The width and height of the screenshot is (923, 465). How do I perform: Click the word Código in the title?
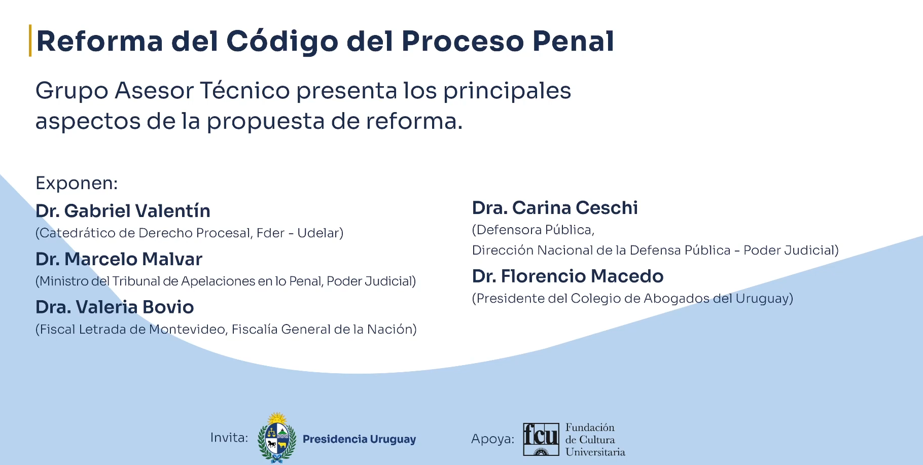[282, 42]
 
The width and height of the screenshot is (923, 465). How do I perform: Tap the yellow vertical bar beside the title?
[30, 41]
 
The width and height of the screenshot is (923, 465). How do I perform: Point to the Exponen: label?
[77, 183]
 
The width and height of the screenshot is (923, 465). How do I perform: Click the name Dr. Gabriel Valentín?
[123, 211]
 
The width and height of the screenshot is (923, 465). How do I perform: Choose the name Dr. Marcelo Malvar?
[119, 259]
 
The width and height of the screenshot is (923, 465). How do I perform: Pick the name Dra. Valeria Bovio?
[115, 307]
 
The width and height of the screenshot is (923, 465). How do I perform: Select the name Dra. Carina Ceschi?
[555, 208]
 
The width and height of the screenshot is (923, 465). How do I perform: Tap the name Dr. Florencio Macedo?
[567, 276]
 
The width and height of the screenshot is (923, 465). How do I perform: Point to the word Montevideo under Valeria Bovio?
[187, 330]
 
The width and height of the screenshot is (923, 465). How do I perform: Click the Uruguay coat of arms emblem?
[276, 438]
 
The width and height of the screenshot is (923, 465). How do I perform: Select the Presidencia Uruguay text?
[359, 439]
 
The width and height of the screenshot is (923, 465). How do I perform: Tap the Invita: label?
[229, 438]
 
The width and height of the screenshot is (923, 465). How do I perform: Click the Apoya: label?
[492, 439]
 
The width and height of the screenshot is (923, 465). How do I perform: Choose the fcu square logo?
[541, 439]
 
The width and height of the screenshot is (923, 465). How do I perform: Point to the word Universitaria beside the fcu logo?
[595, 452]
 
